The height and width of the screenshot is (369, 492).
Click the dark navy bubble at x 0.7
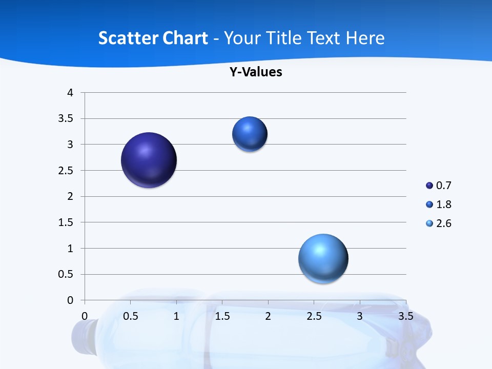pos(149,160)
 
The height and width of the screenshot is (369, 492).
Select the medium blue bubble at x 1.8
pos(250,134)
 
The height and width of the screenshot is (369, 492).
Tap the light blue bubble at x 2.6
pos(323,258)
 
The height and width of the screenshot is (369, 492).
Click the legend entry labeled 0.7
pos(439,186)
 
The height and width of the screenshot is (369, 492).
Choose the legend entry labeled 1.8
pos(439,204)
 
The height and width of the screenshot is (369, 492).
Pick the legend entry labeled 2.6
pos(439,223)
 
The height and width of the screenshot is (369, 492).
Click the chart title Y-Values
pos(256,72)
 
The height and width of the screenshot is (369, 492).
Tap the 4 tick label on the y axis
pos(71,93)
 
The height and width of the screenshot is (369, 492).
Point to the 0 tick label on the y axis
pos(71,300)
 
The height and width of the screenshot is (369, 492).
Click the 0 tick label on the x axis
pos(85,316)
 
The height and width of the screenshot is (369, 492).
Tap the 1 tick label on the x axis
pos(176,316)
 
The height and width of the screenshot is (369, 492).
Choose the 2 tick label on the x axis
pos(268,316)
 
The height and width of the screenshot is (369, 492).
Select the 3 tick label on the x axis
pos(360,316)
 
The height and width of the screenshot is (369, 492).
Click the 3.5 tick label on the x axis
pos(405,316)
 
